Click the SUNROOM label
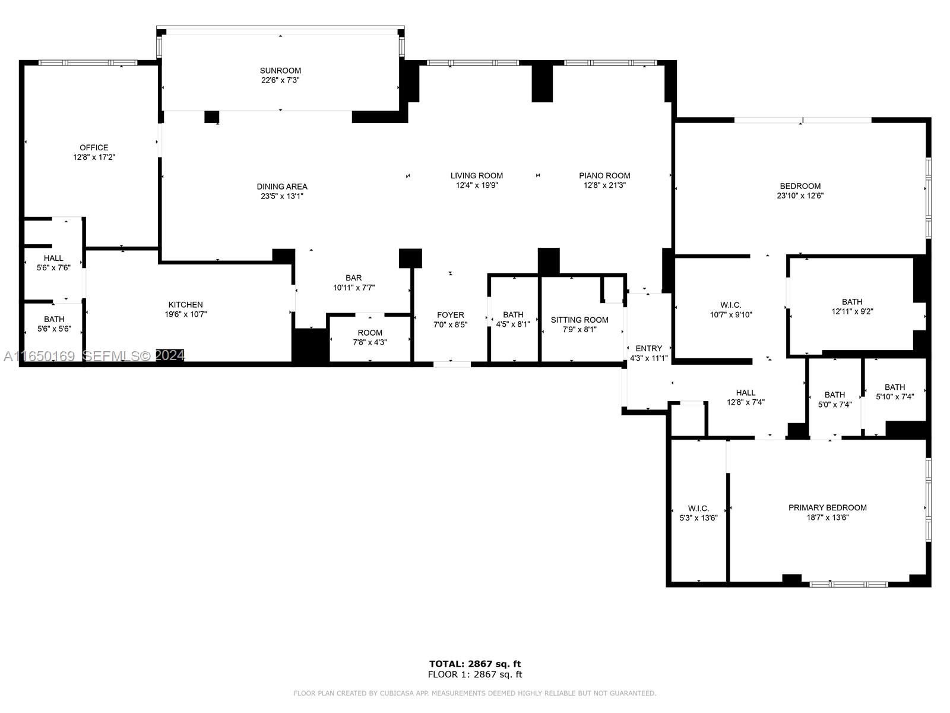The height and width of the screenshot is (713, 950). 280,71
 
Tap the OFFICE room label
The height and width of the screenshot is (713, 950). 94,147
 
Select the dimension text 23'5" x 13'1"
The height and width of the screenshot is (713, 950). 282,196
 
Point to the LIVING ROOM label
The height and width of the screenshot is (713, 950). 477,176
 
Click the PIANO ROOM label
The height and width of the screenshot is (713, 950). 604,176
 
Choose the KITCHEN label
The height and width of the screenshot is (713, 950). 186,305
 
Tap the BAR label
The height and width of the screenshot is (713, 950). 354,278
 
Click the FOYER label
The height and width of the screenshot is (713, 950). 451,315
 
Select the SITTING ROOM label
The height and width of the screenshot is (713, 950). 579,320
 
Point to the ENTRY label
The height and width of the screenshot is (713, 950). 649,349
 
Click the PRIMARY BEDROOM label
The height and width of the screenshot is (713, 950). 828,508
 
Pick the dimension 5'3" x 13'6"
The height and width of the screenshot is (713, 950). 698,518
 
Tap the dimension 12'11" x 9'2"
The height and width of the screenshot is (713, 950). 852,311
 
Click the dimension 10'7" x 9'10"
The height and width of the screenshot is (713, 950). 731,315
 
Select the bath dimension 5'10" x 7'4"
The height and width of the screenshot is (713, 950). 895,396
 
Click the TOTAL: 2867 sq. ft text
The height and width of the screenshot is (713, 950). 475,664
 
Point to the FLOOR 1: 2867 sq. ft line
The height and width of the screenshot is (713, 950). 475,674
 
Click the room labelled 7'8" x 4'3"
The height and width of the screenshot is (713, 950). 370,337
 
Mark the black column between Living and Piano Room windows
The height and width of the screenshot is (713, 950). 542,84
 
